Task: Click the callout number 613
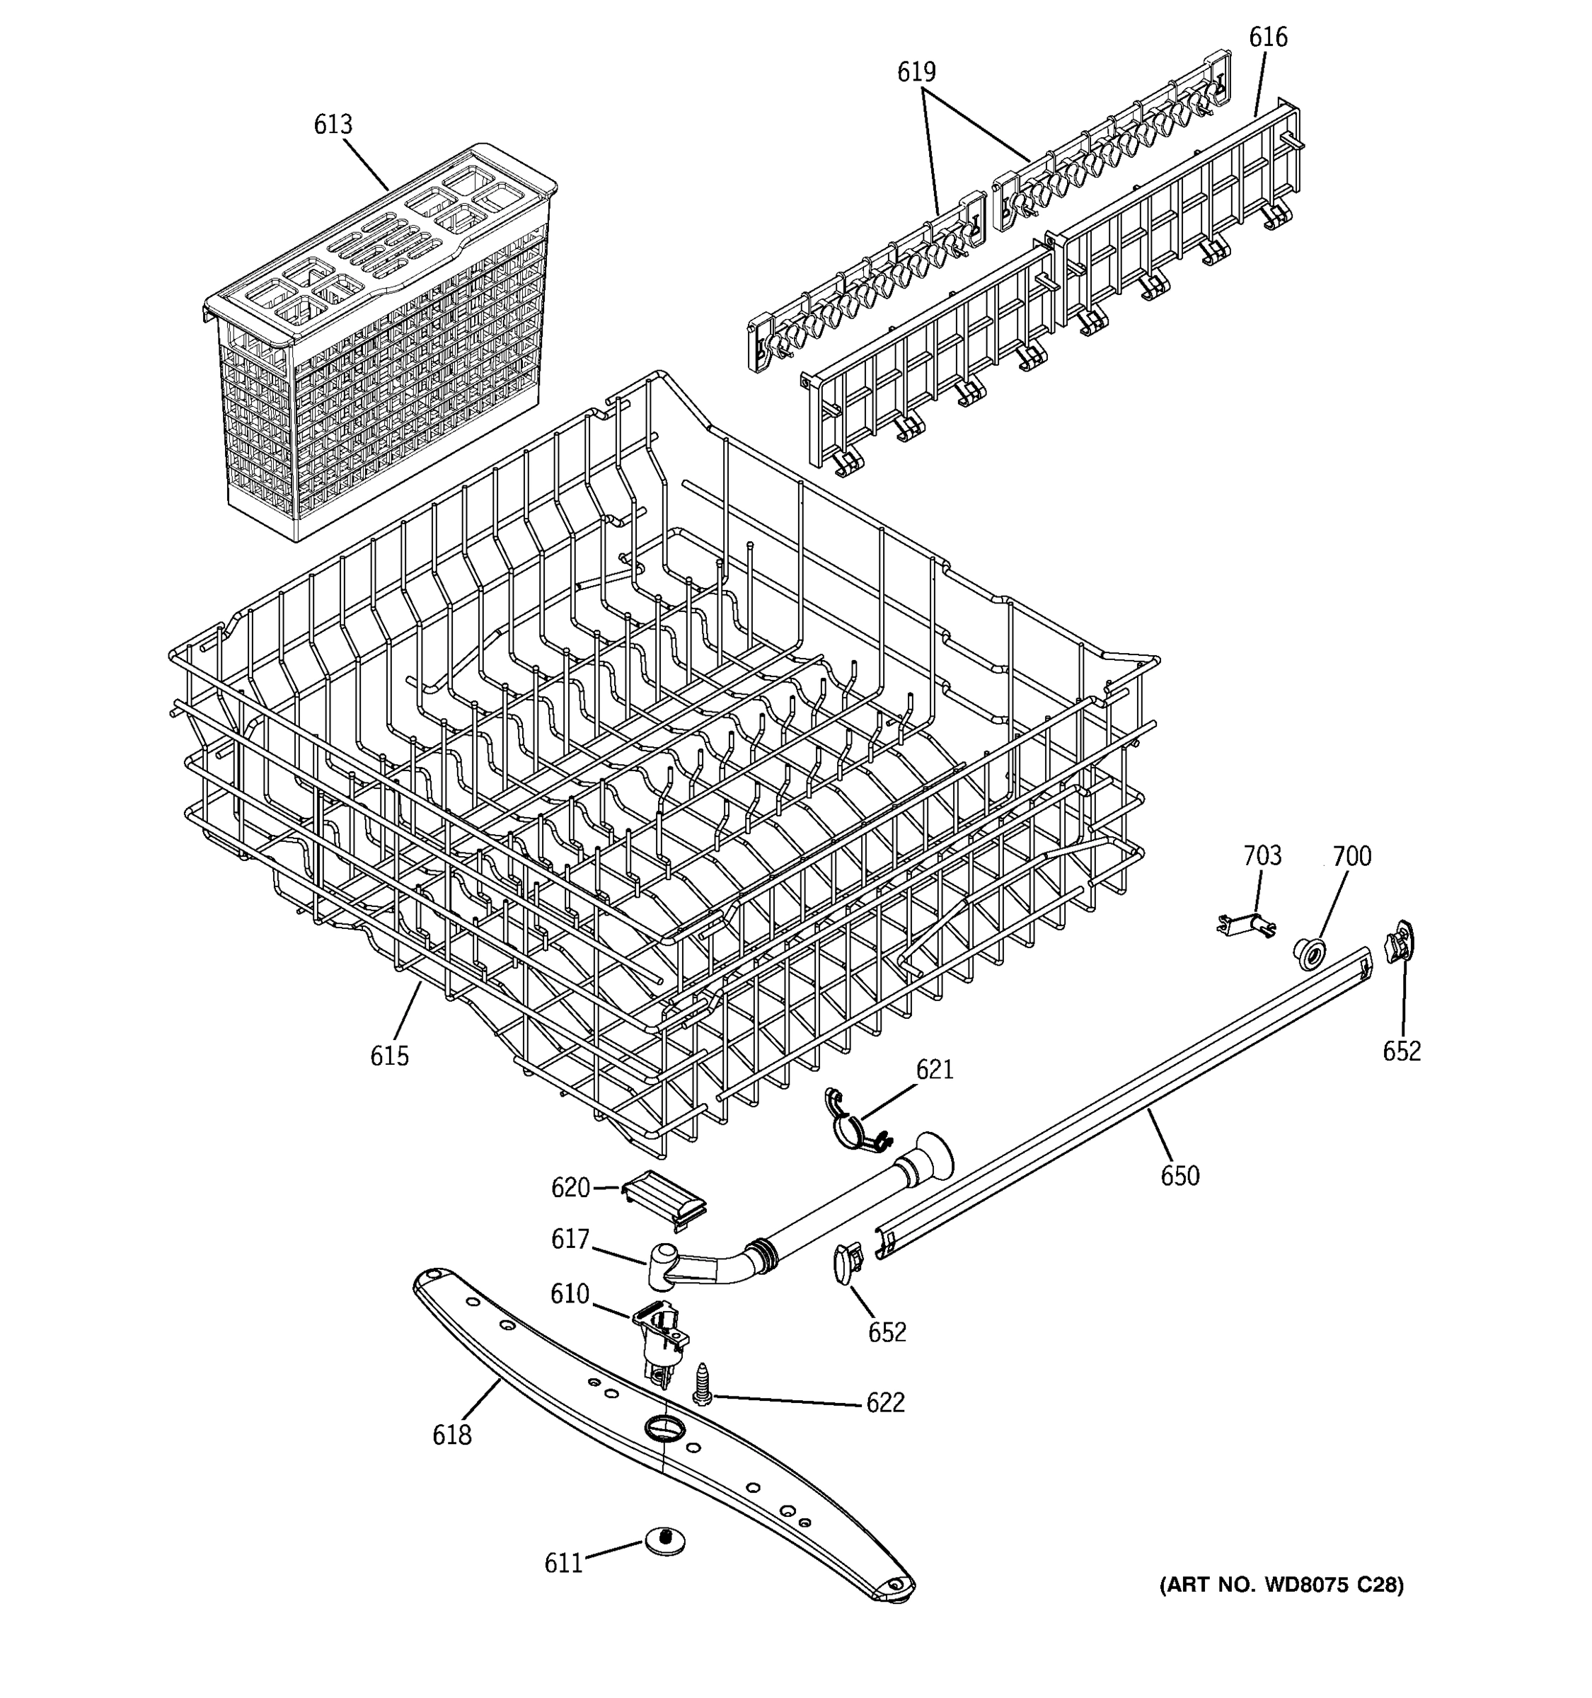point(333,125)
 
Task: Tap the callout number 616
point(1267,37)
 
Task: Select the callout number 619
point(916,71)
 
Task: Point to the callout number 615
point(388,1056)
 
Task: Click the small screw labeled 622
point(702,1383)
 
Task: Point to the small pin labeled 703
point(1246,924)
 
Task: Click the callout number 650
point(1179,1176)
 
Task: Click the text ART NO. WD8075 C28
point(1280,1586)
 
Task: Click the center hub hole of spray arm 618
point(660,1427)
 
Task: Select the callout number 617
point(570,1240)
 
